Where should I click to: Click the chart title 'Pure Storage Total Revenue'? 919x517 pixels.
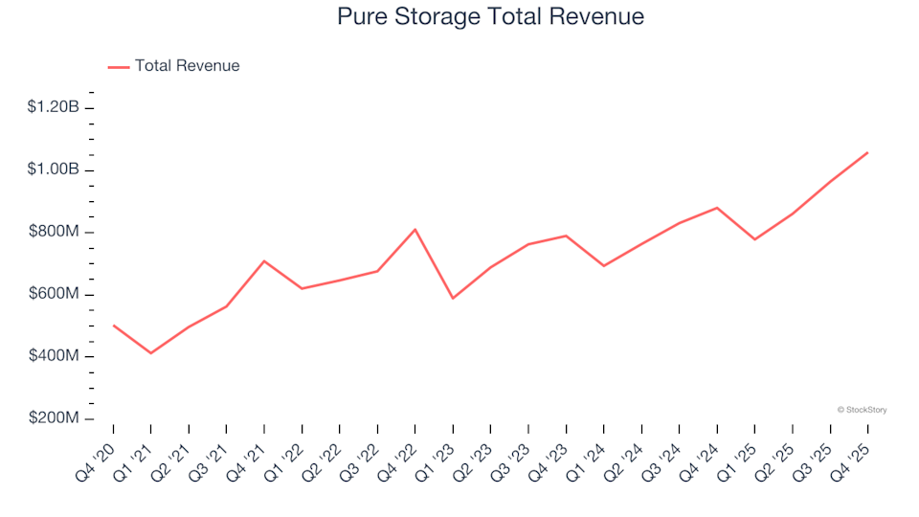490,17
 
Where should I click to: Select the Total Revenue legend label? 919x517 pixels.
187,66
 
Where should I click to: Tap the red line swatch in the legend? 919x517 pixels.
119,67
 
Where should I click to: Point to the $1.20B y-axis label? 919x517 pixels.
54,107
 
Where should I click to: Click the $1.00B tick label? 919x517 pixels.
54,169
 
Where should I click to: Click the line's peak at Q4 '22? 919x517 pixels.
415,230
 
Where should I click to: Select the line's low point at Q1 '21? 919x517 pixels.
151,353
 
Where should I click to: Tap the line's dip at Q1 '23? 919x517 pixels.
453,299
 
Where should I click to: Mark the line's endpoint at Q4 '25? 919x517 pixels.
867,152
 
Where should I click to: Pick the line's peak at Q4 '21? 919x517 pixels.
264,260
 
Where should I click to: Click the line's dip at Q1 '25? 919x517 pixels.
754,239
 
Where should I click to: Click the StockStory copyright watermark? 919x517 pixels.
862,410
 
